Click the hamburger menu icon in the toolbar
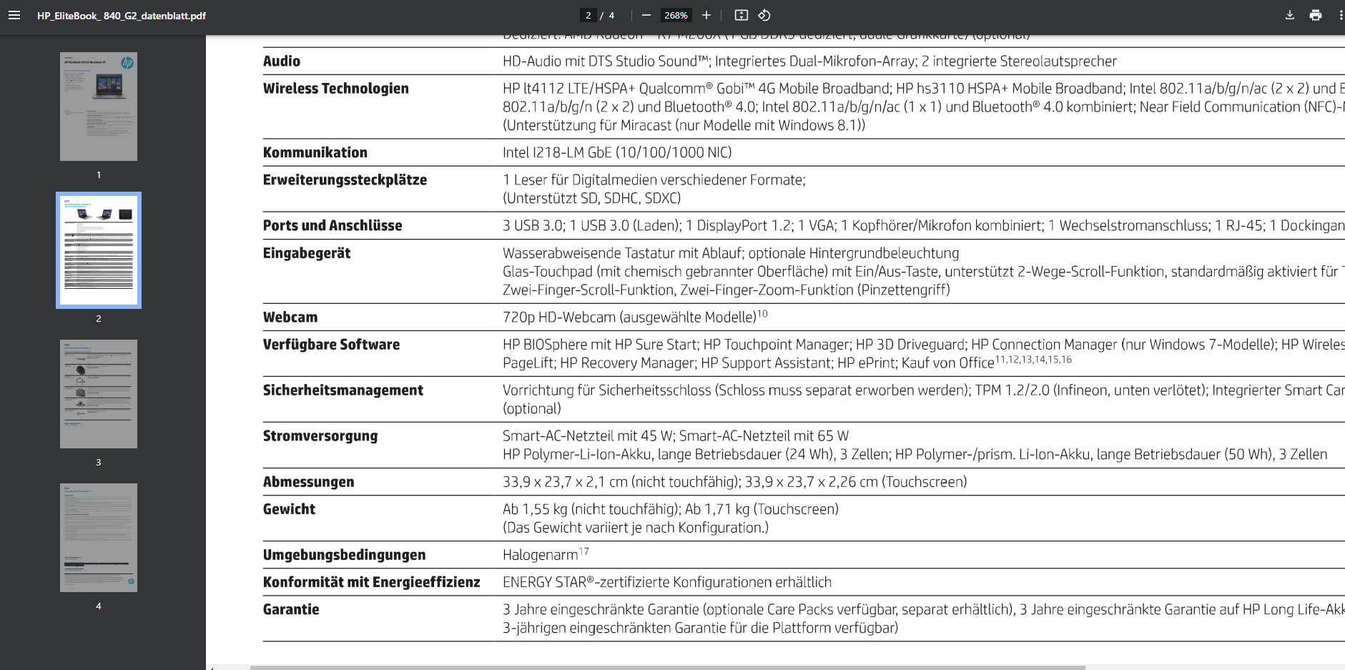tap(14, 15)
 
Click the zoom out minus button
tap(646, 15)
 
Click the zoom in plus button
tap(706, 15)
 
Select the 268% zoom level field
tap(676, 15)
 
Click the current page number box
tap(588, 15)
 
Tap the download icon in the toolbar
tap(1290, 15)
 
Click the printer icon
tap(1316, 15)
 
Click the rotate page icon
tap(764, 15)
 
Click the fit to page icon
tap(742, 15)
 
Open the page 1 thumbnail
tap(99, 107)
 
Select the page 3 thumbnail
tap(99, 394)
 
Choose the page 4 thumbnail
tap(99, 538)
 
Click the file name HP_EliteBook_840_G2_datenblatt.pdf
tap(122, 16)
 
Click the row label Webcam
tap(290, 317)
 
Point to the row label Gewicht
tap(289, 509)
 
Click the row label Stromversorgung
tap(320, 436)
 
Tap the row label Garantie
tap(291, 609)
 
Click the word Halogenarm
tap(540, 555)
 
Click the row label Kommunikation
tap(315, 153)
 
